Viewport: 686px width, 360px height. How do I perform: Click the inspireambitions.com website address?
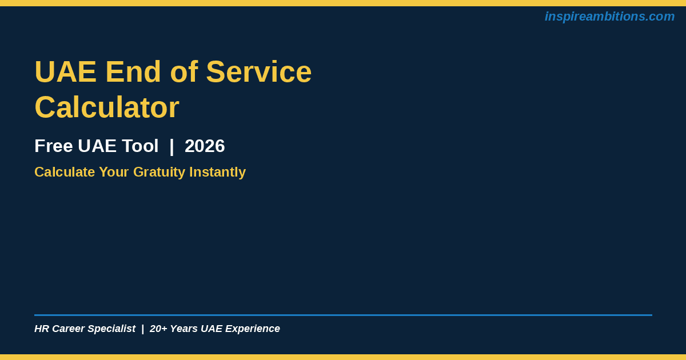[609, 17]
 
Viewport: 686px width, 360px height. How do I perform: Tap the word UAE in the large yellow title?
[66, 72]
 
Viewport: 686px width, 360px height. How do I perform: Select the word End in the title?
[133, 71]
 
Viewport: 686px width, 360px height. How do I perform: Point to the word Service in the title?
[259, 71]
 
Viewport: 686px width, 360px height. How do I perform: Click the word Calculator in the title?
[107, 107]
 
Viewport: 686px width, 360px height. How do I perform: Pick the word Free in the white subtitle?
[54, 146]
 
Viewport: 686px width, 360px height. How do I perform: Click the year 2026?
[205, 146]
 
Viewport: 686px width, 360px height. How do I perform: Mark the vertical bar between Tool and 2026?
[171, 146]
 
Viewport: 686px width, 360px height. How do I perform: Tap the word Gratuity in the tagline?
[159, 172]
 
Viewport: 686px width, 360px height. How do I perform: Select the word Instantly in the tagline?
[217, 172]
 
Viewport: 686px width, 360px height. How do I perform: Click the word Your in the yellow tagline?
[114, 172]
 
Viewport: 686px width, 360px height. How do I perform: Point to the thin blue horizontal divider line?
[344, 315]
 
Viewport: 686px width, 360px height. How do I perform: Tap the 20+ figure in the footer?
[158, 329]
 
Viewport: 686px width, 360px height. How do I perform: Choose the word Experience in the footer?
[253, 329]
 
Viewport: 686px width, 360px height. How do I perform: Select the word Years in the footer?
[184, 329]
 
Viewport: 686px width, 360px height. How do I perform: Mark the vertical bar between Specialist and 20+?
[143, 329]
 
